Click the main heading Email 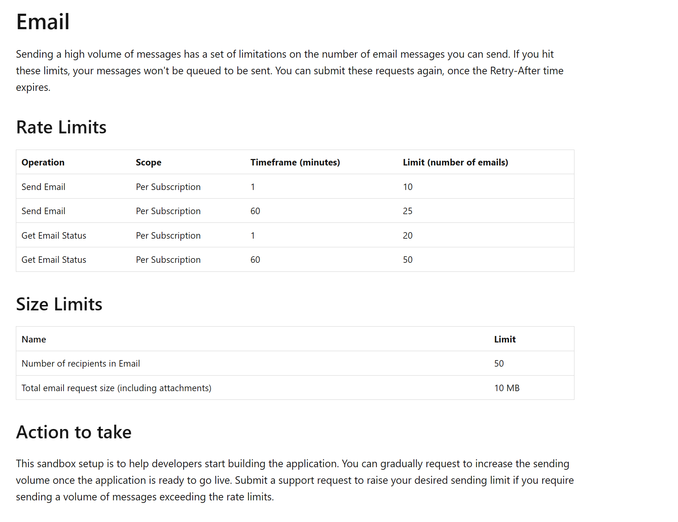point(43,22)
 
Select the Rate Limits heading point(61,127)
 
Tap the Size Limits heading point(59,304)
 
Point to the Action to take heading point(74,432)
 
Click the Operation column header point(43,162)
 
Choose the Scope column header point(148,162)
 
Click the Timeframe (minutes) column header point(295,162)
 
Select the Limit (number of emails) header point(455,162)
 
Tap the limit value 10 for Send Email point(407,187)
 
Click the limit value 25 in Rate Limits point(407,211)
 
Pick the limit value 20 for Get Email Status point(407,235)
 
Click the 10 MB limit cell point(507,388)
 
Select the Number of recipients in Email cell point(80,363)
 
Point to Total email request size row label point(116,388)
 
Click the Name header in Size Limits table point(34,339)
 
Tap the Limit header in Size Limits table point(504,339)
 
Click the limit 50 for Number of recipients point(499,363)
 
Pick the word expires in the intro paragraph point(32,88)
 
